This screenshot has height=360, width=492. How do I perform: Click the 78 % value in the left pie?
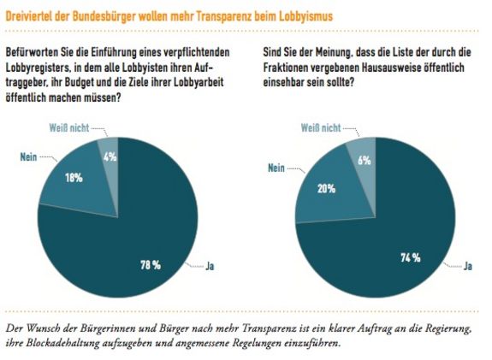[x=151, y=265]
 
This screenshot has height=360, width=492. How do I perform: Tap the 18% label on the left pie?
[x=74, y=178]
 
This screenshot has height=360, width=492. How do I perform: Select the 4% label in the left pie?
[x=110, y=156]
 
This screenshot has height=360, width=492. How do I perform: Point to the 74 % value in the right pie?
[x=411, y=257]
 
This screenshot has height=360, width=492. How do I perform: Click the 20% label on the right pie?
[x=326, y=189]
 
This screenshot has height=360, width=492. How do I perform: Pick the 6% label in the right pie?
[x=365, y=161]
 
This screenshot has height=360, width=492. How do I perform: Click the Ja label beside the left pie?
[x=210, y=266]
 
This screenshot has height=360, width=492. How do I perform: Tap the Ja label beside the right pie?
[x=468, y=266]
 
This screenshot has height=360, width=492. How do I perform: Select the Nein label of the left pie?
[x=28, y=156]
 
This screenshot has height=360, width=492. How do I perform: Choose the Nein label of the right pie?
[x=276, y=168]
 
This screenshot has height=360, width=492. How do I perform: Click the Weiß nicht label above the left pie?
[x=69, y=128]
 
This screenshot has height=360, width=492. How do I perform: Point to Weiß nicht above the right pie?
[x=321, y=128]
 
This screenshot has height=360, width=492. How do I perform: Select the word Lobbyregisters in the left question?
[x=38, y=68]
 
